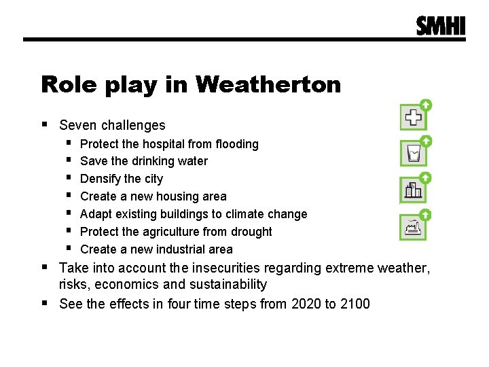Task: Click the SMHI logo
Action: (x=441, y=26)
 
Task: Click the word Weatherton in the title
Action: (x=268, y=85)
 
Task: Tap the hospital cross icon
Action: (x=413, y=118)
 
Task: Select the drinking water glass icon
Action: (x=413, y=154)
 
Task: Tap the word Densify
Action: (x=101, y=179)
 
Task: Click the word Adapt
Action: (x=96, y=214)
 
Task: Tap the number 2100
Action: (x=354, y=303)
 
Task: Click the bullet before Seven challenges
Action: (x=45, y=124)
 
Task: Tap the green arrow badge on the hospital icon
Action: (x=425, y=105)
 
